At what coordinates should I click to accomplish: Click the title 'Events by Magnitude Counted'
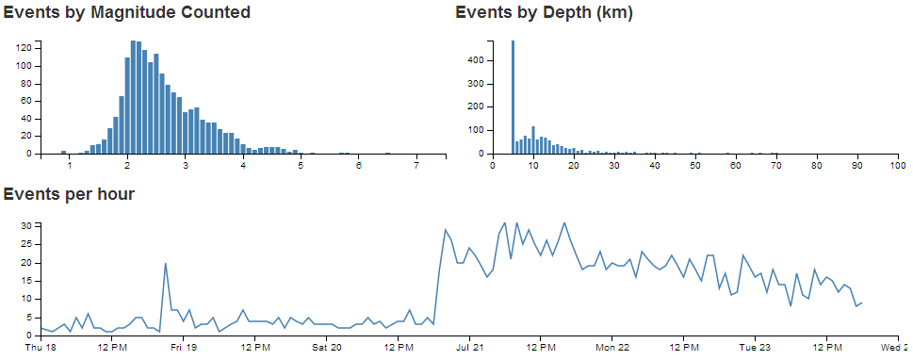[127, 13]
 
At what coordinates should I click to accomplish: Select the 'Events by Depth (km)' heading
[544, 13]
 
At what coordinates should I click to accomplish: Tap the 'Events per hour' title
[69, 195]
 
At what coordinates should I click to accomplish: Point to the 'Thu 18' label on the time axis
[41, 347]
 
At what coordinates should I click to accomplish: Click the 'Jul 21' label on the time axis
[469, 347]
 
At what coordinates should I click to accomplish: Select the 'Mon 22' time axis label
[612, 347]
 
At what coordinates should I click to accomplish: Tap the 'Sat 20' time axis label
[326, 347]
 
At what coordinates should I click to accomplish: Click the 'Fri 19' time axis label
[183, 347]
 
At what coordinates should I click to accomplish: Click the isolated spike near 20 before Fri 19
[166, 264]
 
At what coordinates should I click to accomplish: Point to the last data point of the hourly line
[862, 303]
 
